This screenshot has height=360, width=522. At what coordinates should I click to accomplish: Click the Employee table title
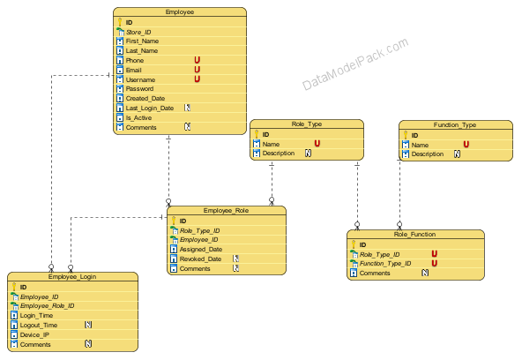(180, 12)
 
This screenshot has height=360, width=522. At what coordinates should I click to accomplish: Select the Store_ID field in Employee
(138, 32)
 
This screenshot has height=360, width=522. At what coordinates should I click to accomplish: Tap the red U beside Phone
(198, 60)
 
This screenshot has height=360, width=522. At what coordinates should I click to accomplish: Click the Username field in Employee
(140, 79)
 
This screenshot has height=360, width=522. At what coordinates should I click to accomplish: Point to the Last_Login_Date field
(150, 108)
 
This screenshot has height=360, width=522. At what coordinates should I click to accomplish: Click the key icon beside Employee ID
(120, 22)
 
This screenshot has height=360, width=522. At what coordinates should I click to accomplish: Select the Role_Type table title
(307, 124)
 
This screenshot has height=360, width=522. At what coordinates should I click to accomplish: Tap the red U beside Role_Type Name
(317, 144)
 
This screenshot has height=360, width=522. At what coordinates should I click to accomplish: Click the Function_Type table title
(455, 125)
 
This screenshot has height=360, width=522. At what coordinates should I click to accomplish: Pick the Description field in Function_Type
(428, 154)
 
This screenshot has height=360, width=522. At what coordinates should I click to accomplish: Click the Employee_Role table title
(226, 211)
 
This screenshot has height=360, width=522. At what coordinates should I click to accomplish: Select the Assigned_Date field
(201, 249)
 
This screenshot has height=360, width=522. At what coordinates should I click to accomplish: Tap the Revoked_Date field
(200, 259)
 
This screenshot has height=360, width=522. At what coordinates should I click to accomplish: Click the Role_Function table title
(414, 235)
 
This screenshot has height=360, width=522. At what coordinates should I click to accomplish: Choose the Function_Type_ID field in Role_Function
(385, 264)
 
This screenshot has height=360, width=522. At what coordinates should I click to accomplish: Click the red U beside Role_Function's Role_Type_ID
(435, 254)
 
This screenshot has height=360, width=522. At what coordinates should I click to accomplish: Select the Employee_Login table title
(72, 277)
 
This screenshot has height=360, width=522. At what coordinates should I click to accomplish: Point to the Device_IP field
(34, 334)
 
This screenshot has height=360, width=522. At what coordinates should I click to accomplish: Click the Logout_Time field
(39, 325)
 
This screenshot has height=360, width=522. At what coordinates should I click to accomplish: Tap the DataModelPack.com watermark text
(355, 64)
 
